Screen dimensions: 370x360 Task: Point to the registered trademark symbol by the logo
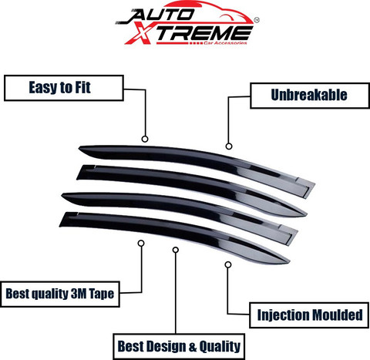pyautogui.click(x=257, y=20)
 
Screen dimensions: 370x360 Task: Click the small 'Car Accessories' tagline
pyautogui.click(x=225, y=43)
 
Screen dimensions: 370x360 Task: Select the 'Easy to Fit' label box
pyautogui.click(x=64, y=88)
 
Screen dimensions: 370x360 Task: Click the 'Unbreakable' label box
pyautogui.click(x=310, y=96)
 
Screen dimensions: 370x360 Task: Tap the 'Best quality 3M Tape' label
pyautogui.click(x=60, y=294)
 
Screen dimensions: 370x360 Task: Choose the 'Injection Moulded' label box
pyautogui.click(x=309, y=315)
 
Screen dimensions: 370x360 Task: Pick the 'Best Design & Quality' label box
pyautogui.click(x=179, y=346)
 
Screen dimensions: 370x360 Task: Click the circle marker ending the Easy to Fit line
pyautogui.click(x=145, y=139)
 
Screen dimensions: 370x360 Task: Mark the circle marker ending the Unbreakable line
pyautogui.click(x=229, y=146)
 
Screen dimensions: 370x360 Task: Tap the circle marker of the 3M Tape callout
pyautogui.click(x=141, y=243)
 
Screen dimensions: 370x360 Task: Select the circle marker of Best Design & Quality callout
pyautogui.click(x=176, y=250)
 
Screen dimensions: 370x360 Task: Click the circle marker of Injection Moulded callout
pyautogui.click(x=228, y=264)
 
